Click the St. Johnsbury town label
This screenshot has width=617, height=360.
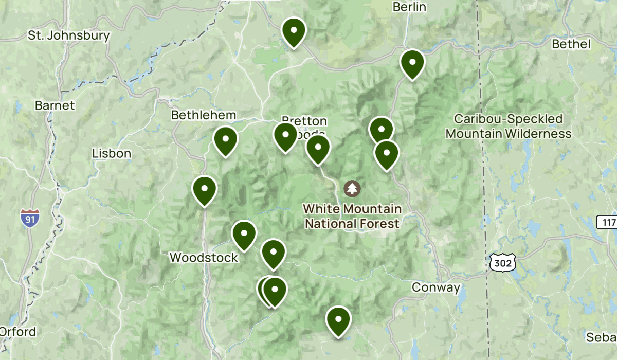(69, 36)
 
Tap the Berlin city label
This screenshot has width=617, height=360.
(409, 7)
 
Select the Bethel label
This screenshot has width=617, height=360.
(571, 44)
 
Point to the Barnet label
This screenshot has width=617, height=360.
(55, 105)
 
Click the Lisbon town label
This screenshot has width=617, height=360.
(112, 153)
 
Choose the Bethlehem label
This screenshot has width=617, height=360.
(204, 115)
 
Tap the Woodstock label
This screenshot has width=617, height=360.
(204, 257)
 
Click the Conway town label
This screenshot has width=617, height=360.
(435, 287)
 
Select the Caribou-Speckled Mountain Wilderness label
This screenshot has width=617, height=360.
(508, 127)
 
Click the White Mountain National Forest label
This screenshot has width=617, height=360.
(352, 217)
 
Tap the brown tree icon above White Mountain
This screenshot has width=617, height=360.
(352, 188)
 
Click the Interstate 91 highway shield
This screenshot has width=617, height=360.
(30, 218)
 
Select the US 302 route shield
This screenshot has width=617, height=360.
(501, 262)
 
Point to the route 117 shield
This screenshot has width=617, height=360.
(607, 223)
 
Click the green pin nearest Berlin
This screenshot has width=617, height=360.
(412, 63)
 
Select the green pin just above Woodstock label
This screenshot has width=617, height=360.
(244, 234)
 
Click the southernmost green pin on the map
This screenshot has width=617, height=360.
(338, 320)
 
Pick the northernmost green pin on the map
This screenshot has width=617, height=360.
(294, 31)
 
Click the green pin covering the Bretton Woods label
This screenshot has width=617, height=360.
(285, 136)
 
